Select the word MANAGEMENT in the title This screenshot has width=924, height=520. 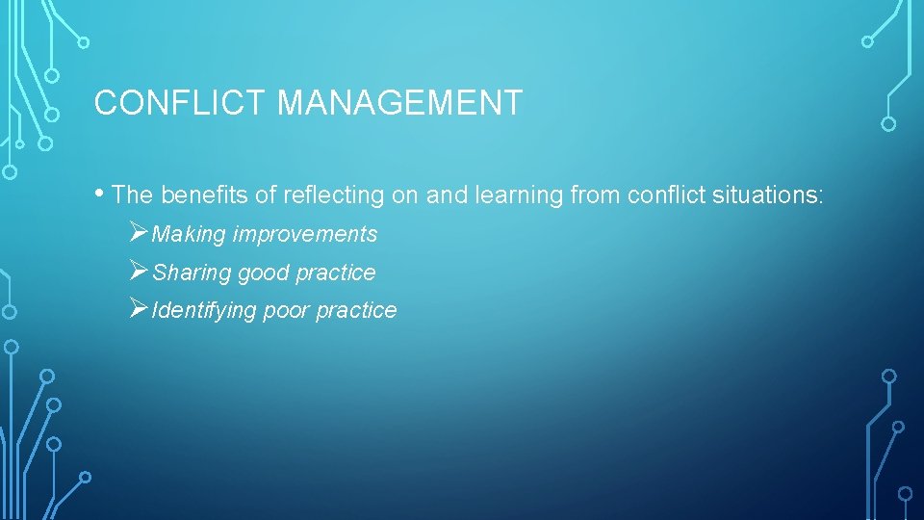[x=399, y=102]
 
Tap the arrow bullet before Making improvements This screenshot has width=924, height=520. [x=138, y=233]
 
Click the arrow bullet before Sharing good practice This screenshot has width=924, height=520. [x=138, y=272]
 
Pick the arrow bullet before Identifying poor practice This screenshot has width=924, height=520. [x=138, y=309]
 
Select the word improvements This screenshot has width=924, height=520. [x=305, y=234]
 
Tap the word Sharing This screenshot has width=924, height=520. [x=192, y=273]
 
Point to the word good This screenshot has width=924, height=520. [x=263, y=273]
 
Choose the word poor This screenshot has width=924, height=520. [x=287, y=310]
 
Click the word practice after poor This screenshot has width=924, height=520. [x=357, y=310]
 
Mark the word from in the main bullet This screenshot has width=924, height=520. [x=595, y=195]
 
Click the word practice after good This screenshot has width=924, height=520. [x=335, y=273]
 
